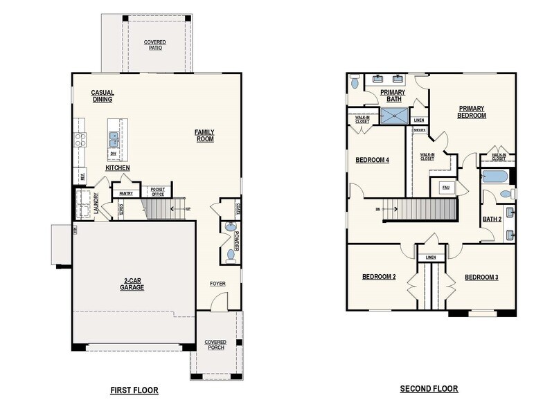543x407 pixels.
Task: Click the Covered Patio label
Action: pos(154,45)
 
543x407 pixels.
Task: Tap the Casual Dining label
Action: pos(103,96)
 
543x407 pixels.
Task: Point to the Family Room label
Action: pos(204,135)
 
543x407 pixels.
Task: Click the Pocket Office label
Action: pos(157,191)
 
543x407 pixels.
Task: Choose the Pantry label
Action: pos(126,194)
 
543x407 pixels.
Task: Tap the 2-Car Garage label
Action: pos(132,284)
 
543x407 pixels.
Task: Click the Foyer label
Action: pos(218,284)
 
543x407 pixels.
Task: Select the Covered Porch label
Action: pos(215,345)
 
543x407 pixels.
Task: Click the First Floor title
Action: pos(134,390)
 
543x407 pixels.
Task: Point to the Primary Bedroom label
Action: pos(472,112)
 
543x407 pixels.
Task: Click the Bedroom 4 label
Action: pos(372,160)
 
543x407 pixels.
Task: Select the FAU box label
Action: pos(445,188)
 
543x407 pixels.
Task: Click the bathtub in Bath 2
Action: pos(497,177)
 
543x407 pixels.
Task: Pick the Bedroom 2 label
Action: pos(379,277)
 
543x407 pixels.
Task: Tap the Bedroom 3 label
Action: pos(481,277)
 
